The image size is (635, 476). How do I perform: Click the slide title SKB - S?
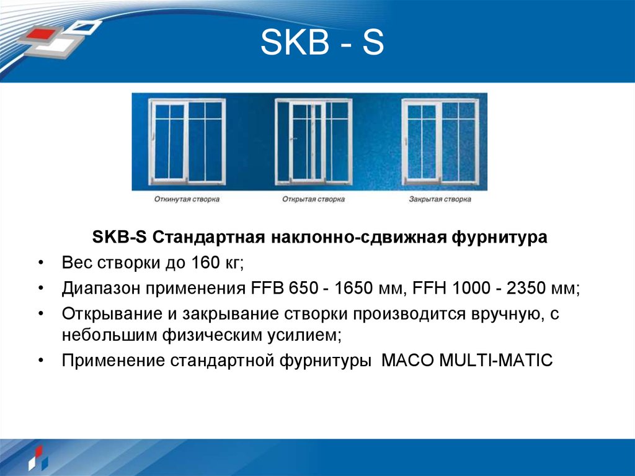[322, 45]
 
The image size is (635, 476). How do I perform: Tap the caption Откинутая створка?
[187, 200]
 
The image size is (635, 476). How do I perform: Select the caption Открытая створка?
[313, 200]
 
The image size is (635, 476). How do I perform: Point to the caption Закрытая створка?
[440, 200]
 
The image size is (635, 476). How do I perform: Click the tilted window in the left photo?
[187, 143]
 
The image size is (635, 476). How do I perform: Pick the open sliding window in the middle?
[313, 143]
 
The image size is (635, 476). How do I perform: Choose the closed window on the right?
[440, 143]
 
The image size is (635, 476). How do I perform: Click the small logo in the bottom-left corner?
[36, 457]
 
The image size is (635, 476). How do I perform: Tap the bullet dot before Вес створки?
[40, 263]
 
